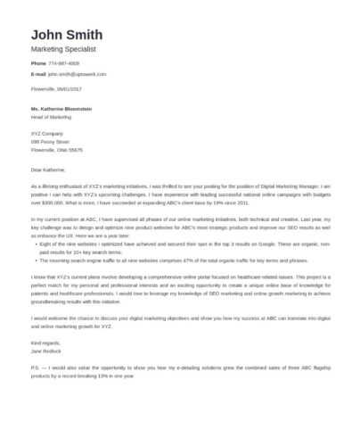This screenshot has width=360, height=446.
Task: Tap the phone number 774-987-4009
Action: click(64, 64)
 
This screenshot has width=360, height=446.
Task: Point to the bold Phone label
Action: click(38, 64)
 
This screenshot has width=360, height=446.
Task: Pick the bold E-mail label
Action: click(38, 76)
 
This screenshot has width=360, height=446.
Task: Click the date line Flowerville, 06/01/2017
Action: click(55, 89)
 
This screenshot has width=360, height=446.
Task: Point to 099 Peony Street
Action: click(50, 141)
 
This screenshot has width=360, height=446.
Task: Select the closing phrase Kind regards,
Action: click(45, 342)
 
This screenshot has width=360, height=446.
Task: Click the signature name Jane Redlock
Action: click(45, 350)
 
